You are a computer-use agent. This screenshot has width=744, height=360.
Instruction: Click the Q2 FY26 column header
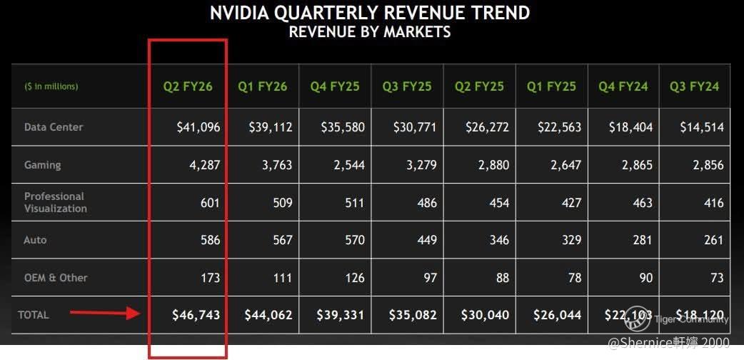click(x=188, y=86)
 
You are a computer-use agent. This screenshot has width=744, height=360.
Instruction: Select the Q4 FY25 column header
click(x=335, y=86)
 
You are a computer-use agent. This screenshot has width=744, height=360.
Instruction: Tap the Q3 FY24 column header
click(x=694, y=86)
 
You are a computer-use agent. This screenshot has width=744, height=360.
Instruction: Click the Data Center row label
click(x=54, y=127)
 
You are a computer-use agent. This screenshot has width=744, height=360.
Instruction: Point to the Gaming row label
click(x=43, y=165)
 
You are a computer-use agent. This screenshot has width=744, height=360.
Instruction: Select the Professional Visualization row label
click(x=56, y=202)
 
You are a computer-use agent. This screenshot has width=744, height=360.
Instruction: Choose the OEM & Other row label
click(x=56, y=277)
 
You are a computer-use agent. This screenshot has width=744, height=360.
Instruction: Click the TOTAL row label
click(x=34, y=314)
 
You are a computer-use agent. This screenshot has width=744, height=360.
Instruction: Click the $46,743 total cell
click(x=196, y=314)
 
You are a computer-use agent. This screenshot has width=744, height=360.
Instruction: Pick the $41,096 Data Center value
click(x=198, y=127)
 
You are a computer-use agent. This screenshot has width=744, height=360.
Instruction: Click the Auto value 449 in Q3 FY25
click(x=426, y=240)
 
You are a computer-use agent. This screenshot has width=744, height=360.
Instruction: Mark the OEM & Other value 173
click(x=210, y=277)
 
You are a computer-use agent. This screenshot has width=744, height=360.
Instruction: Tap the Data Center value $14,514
click(x=701, y=127)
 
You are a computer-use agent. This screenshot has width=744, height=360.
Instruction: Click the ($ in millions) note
click(x=51, y=86)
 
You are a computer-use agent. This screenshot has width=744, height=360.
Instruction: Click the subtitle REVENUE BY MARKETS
click(x=369, y=31)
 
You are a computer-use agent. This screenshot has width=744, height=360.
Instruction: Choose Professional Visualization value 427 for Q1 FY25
click(x=571, y=202)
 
